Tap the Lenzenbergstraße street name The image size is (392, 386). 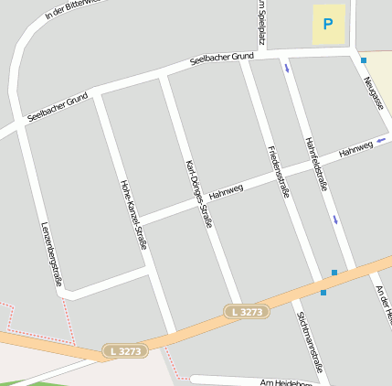pos(52,254)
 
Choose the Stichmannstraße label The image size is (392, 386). pos(309,339)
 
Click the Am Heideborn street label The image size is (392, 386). pos(285,382)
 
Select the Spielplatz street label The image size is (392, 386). pos(261,22)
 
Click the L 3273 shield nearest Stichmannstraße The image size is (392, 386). pos(247,312)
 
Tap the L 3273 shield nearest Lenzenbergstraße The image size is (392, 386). pos(123,351)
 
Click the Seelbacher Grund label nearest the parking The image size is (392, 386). pos(221,58)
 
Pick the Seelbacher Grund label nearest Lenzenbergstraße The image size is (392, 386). pos(58,107)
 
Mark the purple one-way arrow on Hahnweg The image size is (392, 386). pos(381,140)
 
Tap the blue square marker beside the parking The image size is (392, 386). pos(363,60)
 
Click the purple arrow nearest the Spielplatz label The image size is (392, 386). pos(287,68)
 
